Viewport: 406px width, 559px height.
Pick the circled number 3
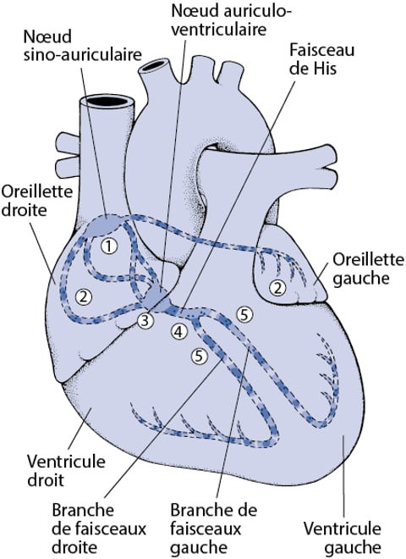point(145,320)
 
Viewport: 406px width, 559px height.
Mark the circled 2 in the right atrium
point(83,296)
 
